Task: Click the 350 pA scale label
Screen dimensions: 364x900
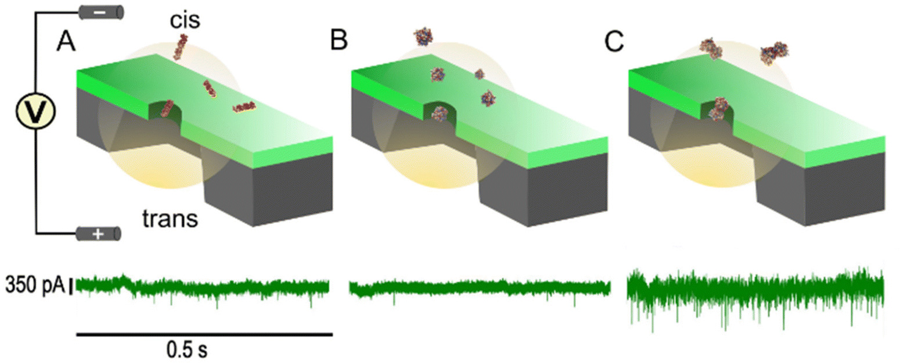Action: (x=34, y=286)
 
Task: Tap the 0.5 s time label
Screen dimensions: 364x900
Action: (x=186, y=350)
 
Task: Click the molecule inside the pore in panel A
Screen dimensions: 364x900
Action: (x=167, y=108)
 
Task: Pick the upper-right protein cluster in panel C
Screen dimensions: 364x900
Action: (x=775, y=52)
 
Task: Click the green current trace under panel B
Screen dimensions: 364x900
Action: (x=479, y=288)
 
